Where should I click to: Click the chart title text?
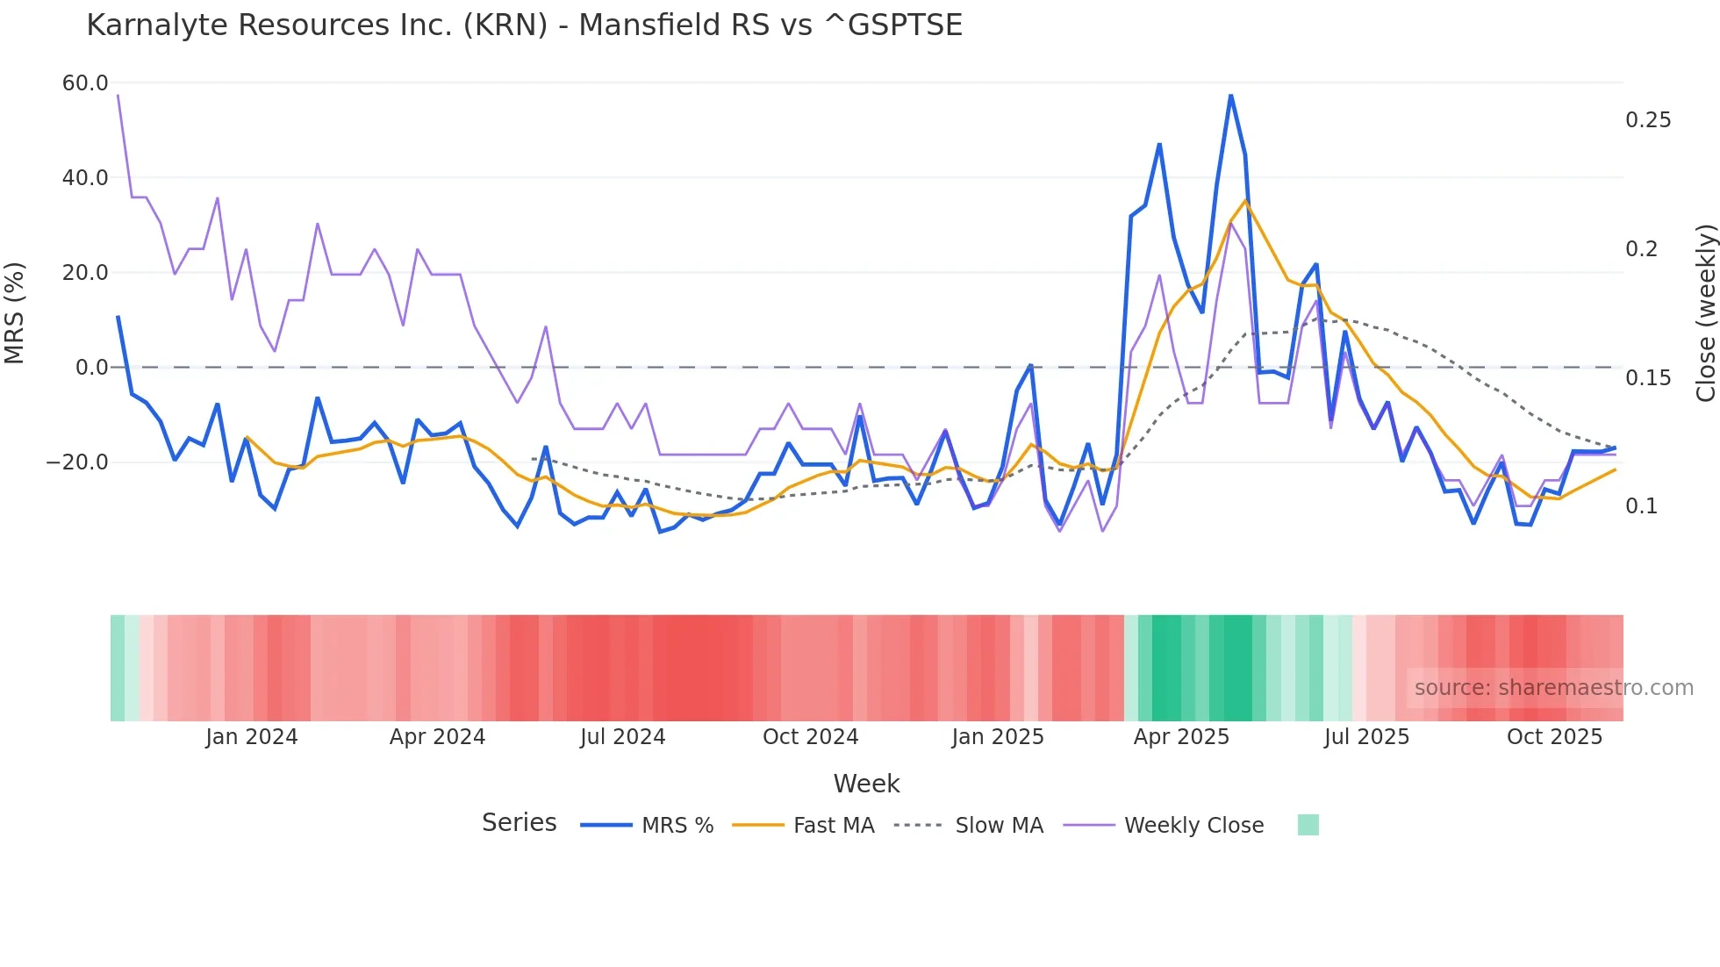524,25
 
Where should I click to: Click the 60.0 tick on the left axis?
85,83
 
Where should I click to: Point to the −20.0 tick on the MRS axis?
77,462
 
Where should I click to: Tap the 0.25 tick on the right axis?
1648,120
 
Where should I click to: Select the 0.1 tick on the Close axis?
1641,506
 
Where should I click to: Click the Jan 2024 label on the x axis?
252,737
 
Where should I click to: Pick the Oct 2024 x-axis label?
810,737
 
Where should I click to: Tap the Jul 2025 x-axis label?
1366,737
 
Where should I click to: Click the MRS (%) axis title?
15,312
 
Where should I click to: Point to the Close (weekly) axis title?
1705,312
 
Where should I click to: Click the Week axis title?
866,784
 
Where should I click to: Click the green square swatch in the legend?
1308,825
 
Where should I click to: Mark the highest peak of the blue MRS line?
1231,96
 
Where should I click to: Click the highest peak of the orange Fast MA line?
1245,201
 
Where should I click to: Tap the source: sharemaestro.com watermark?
1553,688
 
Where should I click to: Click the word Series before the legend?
519,823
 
